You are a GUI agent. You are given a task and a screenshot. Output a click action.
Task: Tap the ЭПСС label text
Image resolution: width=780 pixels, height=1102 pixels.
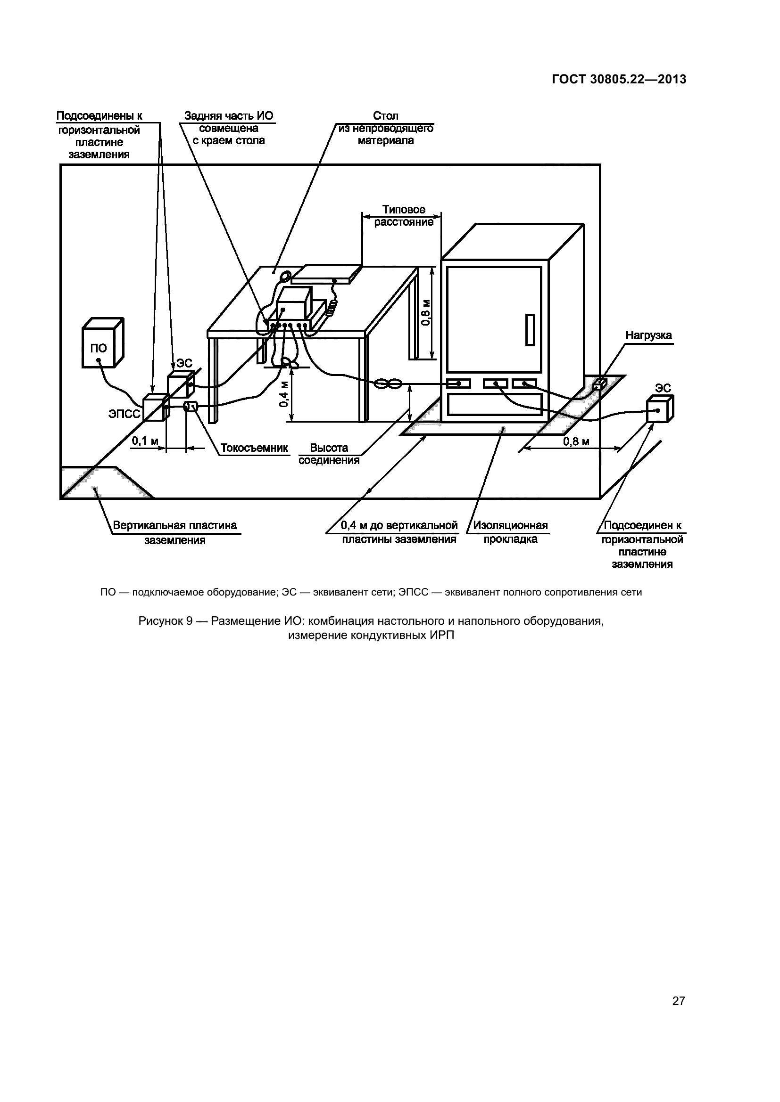click(124, 414)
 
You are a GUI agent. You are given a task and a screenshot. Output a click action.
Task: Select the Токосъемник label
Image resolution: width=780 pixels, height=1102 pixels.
click(254, 448)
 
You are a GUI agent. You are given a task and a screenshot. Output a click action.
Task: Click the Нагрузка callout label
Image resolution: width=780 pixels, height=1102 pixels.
click(648, 335)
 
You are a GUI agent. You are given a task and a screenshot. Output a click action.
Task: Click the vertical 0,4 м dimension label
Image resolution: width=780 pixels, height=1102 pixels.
click(284, 394)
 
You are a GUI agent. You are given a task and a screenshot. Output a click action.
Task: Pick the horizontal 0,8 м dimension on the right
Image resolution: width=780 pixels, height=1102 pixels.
click(576, 441)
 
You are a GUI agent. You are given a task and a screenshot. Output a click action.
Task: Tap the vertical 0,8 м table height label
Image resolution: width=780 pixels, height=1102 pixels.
click(426, 312)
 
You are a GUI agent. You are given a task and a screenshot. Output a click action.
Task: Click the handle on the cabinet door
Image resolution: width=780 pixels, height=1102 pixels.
click(530, 330)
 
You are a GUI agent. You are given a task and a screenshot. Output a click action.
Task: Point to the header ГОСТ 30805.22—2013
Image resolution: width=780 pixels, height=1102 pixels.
click(619, 80)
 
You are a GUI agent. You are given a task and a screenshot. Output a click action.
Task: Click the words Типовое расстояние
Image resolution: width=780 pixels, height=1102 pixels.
click(404, 216)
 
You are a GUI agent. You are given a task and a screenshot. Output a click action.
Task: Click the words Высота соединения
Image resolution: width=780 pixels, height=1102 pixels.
click(329, 454)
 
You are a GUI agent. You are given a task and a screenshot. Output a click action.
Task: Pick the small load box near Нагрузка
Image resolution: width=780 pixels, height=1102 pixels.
click(599, 384)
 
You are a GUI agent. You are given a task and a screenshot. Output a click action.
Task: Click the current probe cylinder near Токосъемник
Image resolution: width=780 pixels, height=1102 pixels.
click(191, 407)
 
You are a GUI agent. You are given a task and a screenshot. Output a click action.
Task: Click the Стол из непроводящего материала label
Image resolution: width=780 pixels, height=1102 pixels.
click(386, 128)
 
